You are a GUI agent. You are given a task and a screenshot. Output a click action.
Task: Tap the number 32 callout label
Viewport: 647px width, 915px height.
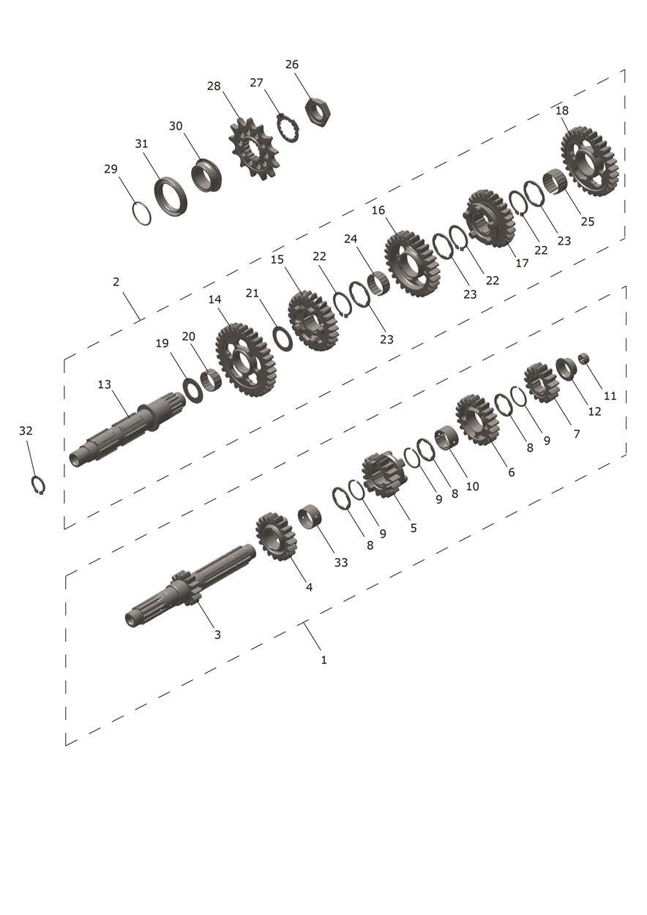tap(26, 430)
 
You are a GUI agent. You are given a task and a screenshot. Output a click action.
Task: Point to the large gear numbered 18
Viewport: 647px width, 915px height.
tap(589, 163)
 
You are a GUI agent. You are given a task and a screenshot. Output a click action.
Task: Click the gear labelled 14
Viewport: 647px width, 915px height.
tap(245, 360)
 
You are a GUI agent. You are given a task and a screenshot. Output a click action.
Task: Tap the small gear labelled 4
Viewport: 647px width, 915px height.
tap(276, 537)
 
